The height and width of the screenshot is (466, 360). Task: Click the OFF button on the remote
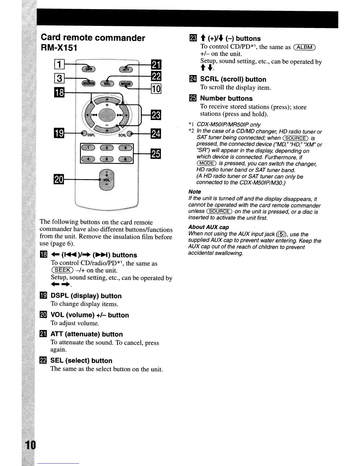[87, 69]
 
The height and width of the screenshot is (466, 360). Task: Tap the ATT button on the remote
[125, 69]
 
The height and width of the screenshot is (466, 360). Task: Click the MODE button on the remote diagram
[126, 84]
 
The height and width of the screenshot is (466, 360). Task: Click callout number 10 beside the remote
[155, 89]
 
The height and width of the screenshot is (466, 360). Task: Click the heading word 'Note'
[195, 192]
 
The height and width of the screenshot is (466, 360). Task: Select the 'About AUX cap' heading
[209, 227]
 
